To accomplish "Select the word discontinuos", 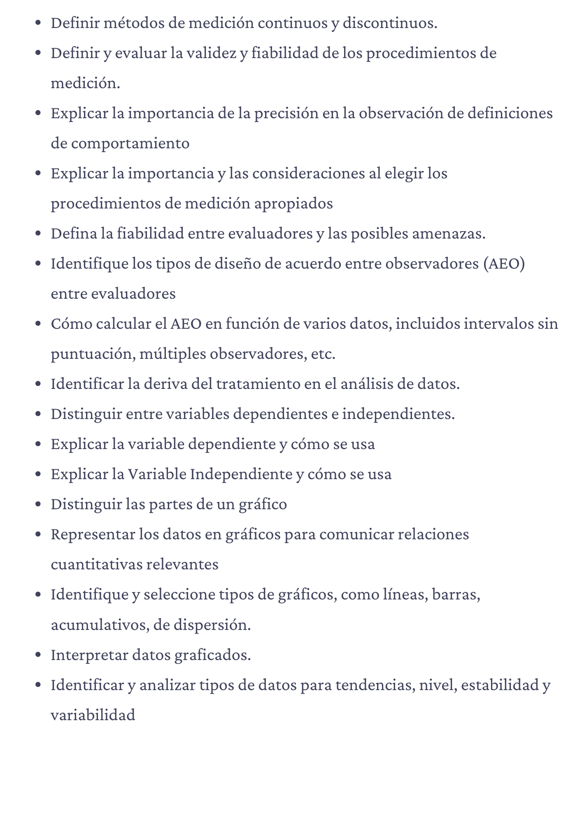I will (389, 23).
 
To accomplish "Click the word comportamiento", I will (130, 143).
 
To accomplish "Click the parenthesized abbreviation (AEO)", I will (504, 264).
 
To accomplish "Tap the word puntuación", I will (93, 354).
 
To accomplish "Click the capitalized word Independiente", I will (241, 474).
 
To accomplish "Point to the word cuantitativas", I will (96, 564).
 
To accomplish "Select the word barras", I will (456, 595).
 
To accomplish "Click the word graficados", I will (212, 655).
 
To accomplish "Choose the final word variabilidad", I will (93, 715).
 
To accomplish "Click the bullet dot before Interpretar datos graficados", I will (38, 655).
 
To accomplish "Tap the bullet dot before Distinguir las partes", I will (38, 504).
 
